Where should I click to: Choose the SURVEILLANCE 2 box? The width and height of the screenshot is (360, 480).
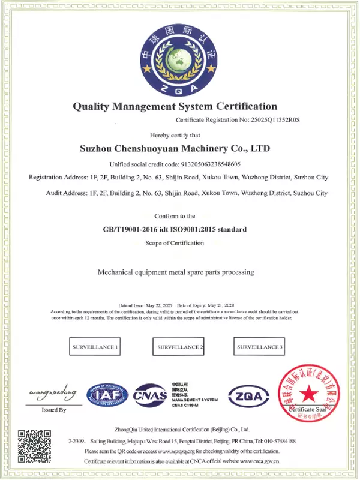point(180,347)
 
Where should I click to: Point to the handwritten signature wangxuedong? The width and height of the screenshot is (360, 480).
point(53,393)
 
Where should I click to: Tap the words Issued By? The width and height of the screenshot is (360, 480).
point(53,410)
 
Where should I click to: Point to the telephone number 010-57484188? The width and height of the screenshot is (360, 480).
point(279,440)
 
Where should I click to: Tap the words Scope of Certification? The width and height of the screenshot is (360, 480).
point(175,242)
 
